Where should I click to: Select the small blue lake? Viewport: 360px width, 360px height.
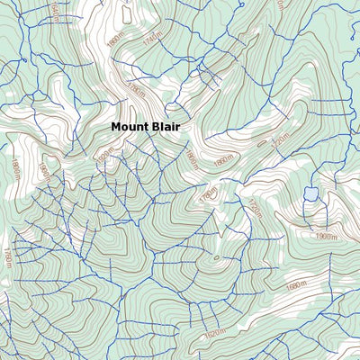310,193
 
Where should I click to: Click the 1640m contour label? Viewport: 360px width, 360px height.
54,12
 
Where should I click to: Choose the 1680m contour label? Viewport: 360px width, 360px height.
296,287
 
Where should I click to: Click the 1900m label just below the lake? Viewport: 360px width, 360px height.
325,236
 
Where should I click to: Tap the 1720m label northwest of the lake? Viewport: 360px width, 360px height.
281,141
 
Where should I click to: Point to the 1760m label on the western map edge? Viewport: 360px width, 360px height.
7,257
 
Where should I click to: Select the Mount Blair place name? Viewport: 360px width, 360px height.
145,128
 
